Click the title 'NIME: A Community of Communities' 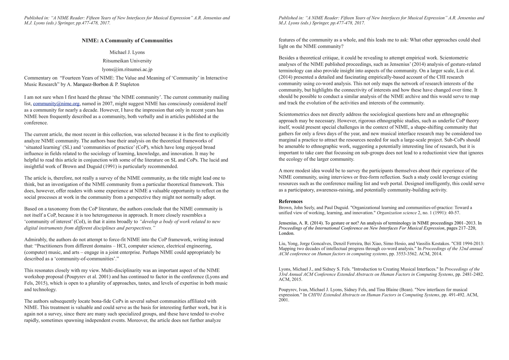point(127,41)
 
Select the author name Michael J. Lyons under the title point(127,52)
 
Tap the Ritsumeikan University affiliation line point(127,61)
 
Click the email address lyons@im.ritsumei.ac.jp point(127,70)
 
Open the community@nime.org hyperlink point(56,104)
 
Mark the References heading point(291,202)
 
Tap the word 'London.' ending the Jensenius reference point(287,233)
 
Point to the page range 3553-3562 point(409,254)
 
